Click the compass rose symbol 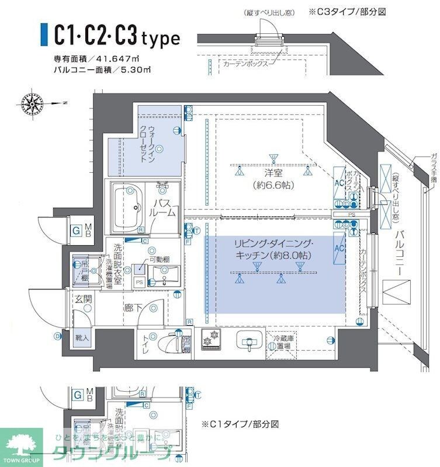[x=32, y=104]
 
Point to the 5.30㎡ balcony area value [x=138, y=70]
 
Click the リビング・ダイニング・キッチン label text [x=273, y=249]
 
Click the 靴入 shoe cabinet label [x=82, y=337]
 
